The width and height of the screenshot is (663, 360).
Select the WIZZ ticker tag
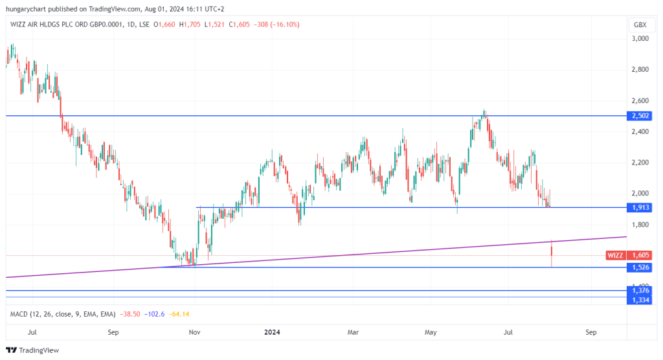(615, 255)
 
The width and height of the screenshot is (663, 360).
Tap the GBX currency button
(640, 25)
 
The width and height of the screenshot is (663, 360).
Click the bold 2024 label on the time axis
(272, 332)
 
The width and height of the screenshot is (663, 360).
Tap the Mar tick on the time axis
(353, 332)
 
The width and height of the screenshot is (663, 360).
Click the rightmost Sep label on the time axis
(590, 332)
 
